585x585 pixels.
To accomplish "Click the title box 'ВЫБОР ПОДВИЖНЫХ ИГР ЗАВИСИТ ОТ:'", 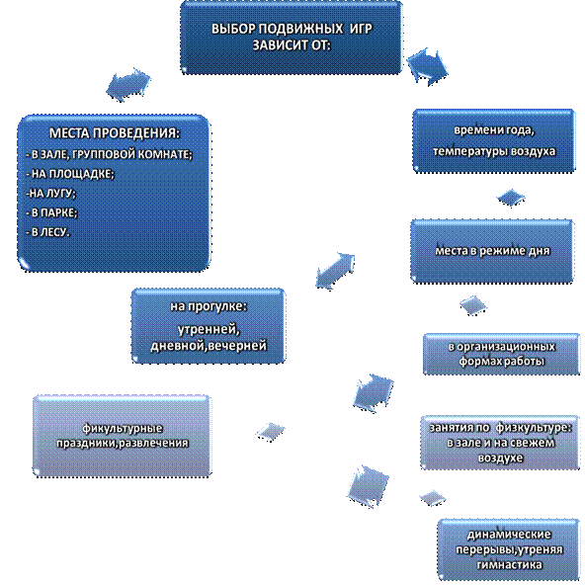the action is coord(292,38).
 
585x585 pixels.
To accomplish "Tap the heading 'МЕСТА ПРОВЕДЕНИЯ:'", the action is coord(115,133).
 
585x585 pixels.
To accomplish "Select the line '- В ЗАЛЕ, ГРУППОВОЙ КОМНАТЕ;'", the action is coord(109,154).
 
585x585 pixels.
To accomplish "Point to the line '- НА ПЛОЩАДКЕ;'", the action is coord(70,174).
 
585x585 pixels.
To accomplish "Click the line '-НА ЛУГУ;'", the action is coord(50,194).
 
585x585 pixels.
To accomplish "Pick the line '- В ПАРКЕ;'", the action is coord(51,212).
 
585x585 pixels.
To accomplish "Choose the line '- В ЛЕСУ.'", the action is coord(47,232).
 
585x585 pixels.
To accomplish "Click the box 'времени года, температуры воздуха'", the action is coord(494,140).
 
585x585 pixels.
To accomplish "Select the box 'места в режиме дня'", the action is coord(492,251).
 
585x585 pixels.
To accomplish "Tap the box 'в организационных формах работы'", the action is coord(501,354).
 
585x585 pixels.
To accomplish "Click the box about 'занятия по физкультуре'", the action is coord(500,442).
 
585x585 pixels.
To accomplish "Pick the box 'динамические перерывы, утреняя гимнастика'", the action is coord(509,548).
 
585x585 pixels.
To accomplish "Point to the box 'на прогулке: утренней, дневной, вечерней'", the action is coord(209,326).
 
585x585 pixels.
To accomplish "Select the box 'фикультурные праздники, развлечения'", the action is coord(122,436).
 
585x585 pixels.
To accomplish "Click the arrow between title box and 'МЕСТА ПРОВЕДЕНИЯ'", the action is coord(128,85).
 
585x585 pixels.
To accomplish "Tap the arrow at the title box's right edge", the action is coord(427,67).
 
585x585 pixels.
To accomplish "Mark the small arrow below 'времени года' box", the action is coord(511,198).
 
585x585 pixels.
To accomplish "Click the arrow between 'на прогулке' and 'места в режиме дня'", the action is coord(335,271).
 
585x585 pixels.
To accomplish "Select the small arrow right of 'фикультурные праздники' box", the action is coord(271,432).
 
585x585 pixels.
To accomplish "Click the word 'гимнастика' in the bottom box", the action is coord(509,565).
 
